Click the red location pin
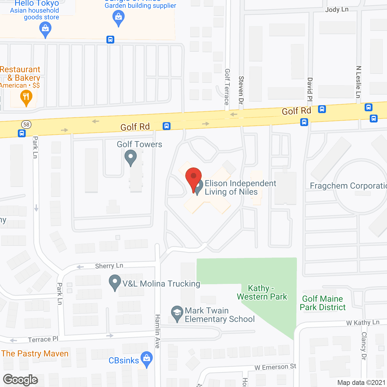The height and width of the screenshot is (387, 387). coord(193,178)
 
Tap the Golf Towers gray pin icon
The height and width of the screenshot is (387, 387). coord(131,158)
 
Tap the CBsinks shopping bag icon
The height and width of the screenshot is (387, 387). coord(147,359)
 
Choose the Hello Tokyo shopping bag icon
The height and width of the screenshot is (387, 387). coord(45,30)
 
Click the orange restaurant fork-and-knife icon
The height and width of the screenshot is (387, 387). coord(26,97)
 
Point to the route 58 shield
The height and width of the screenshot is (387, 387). coord(26,124)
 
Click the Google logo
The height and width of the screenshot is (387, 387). coord(21,380)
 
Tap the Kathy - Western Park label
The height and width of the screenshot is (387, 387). coord(262,292)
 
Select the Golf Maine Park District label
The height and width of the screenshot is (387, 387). coord(323,303)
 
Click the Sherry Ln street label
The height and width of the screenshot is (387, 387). coord(109,266)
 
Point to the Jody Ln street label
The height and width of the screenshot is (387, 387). coord(337,9)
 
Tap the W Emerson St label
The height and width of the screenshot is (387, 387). coord(275,367)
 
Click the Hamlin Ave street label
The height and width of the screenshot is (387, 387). coord(158,331)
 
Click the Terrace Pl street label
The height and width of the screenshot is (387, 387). coord(43,340)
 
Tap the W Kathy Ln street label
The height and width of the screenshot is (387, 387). coord(363,323)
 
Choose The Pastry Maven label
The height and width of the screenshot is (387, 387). coord(35,353)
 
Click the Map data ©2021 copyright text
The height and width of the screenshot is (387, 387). coord(361,383)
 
